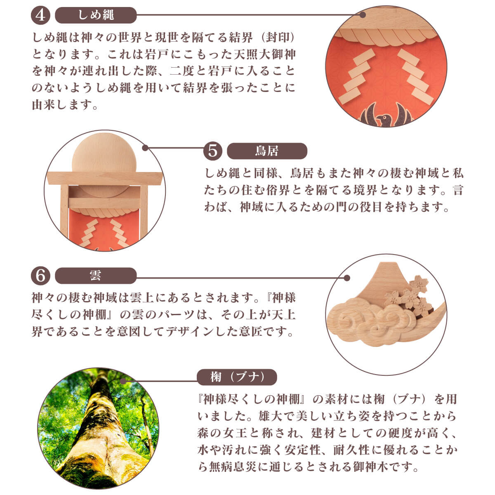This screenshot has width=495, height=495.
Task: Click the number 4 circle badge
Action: [40, 15]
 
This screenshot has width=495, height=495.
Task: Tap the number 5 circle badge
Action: [212, 151]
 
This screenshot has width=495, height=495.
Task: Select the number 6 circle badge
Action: [40, 276]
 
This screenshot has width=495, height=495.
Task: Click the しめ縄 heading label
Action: [96, 15]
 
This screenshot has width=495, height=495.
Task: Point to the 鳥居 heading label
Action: [267, 151]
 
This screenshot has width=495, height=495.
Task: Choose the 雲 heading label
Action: [96, 276]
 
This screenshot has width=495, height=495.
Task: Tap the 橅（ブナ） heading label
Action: [237, 377]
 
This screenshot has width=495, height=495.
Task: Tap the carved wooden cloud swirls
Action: [372, 321]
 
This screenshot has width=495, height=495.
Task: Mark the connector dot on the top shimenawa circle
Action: [363, 15]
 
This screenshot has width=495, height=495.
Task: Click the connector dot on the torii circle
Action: [145, 148]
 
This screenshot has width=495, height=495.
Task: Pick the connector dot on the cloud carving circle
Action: [347, 278]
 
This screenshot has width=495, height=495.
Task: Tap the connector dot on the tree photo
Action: [123, 381]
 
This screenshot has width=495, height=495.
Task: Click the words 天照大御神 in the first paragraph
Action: [264, 54]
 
